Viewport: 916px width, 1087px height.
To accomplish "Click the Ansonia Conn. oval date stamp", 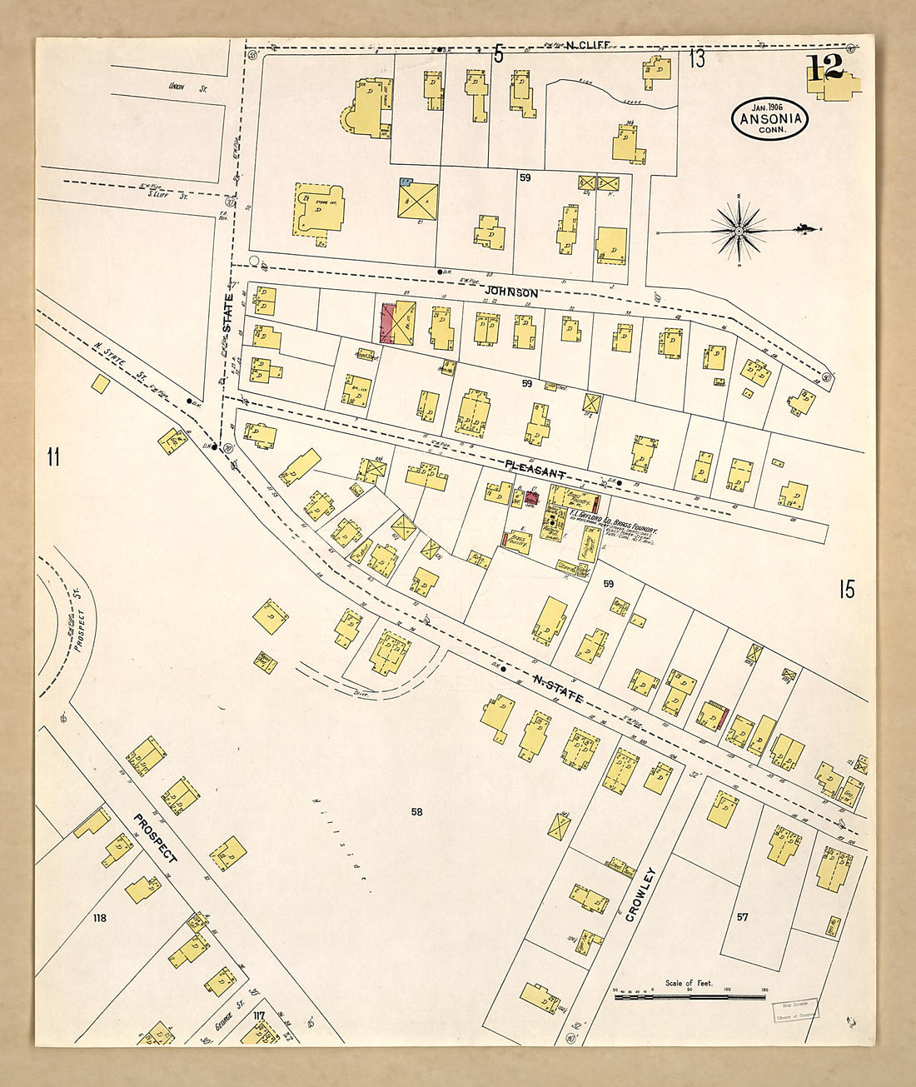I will [x=770, y=118].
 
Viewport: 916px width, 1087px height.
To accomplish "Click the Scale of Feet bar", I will [x=689, y=995].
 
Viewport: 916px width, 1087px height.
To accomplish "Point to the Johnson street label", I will [x=513, y=293].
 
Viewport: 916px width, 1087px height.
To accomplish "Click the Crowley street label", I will [x=642, y=894].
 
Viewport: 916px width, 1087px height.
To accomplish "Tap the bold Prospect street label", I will [x=156, y=837].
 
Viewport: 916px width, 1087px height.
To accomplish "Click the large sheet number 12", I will [x=824, y=68].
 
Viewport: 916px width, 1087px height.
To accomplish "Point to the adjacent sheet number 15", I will [x=846, y=590].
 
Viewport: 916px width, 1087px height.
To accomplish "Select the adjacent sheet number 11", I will [x=53, y=457].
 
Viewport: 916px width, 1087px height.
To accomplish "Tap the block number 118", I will [x=100, y=918].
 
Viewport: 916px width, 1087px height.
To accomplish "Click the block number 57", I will [x=742, y=917].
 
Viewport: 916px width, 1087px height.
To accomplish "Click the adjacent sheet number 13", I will [x=696, y=59].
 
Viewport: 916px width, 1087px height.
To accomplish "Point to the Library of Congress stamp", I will [x=795, y=1010].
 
